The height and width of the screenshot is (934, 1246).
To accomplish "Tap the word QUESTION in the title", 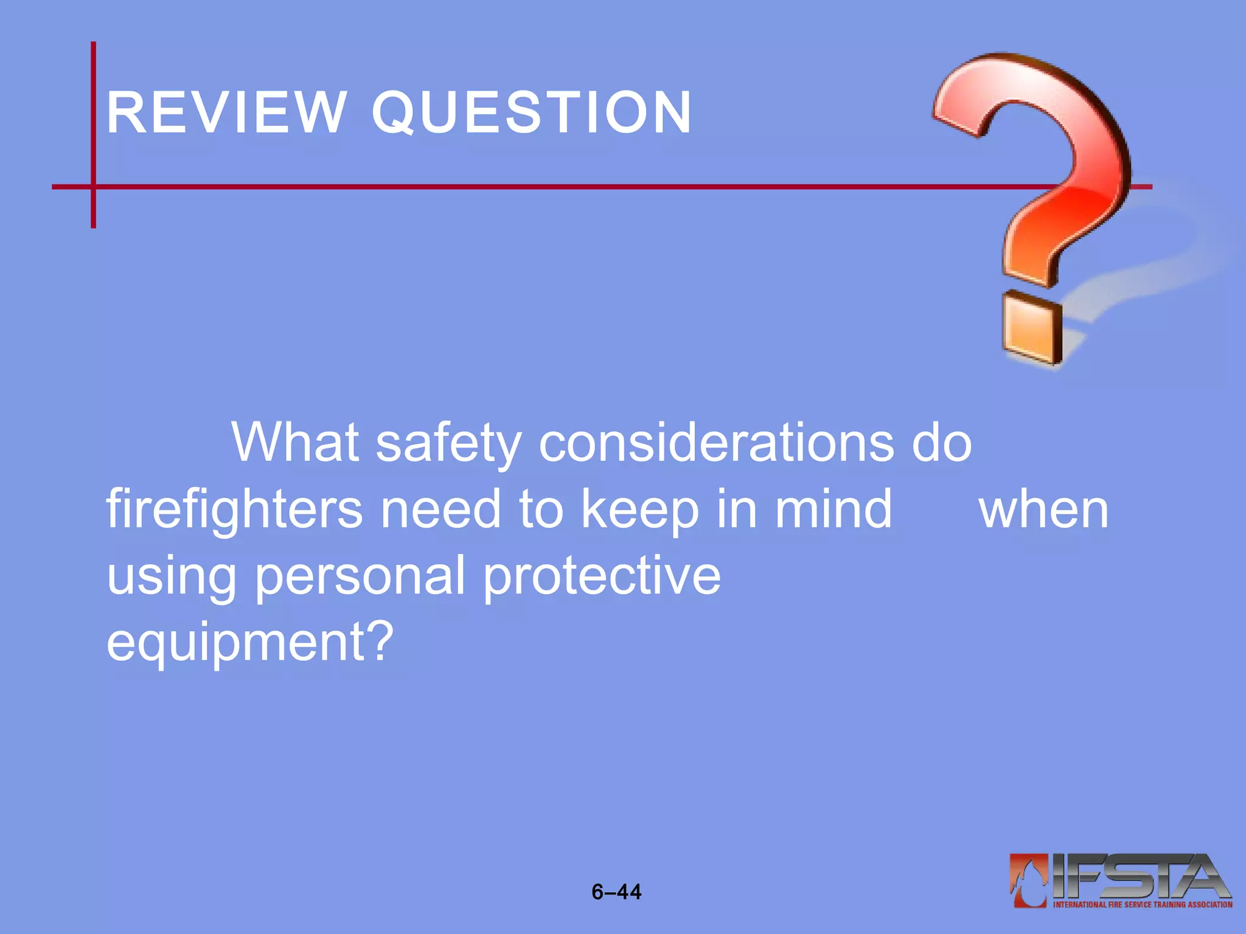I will point(532,112).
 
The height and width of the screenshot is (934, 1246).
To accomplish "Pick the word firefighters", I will point(234,510).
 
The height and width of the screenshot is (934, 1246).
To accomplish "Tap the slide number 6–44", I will point(616,892).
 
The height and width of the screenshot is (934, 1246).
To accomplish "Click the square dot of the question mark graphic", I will point(1031,328).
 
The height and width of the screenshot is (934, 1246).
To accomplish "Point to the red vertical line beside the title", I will point(94,134).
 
